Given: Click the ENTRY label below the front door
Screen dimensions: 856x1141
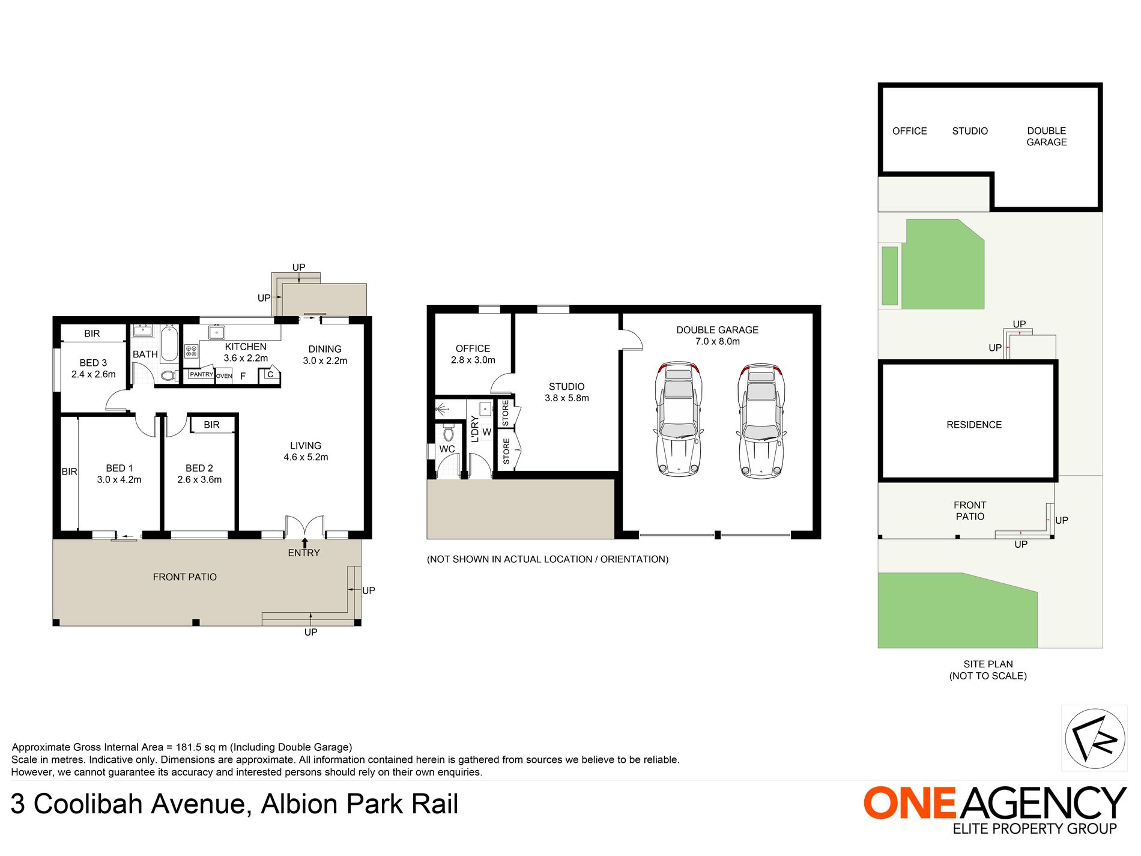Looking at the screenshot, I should (304, 553).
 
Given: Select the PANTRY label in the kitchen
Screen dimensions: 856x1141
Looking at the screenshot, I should (201, 374).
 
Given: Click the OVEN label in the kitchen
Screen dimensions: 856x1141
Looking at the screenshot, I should (224, 376).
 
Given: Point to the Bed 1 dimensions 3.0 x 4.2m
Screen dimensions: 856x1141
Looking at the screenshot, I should (119, 480).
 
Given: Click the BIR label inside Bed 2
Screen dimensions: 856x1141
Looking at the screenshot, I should (211, 425).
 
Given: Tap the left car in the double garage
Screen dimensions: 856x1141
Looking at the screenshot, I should (679, 419).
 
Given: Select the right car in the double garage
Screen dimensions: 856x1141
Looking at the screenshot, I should (761, 420).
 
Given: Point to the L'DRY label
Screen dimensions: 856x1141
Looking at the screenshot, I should (475, 429).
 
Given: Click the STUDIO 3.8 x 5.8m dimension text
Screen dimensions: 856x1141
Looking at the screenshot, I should (566, 398).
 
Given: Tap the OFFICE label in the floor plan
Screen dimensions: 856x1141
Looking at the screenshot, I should (473, 348).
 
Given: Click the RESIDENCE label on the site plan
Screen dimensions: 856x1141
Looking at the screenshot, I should (973, 425).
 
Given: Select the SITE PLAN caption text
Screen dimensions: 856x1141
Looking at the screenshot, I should (988, 664).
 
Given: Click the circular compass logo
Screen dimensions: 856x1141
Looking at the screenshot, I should (1094, 738).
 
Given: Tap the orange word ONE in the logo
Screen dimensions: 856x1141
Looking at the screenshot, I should (909, 803).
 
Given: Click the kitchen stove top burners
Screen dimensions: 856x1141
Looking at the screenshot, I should (191, 351).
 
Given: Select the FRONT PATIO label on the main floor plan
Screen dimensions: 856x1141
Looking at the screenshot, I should (184, 577).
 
